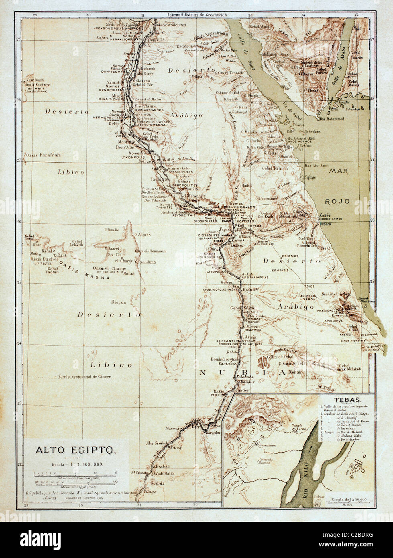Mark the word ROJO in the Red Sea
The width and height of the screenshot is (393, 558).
(x=340, y=201)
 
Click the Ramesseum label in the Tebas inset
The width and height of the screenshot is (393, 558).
(x=259, y=445)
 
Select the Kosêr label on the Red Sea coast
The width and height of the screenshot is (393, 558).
(x=324, y=215)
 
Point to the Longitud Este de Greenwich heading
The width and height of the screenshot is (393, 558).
(x=193, y=15)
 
